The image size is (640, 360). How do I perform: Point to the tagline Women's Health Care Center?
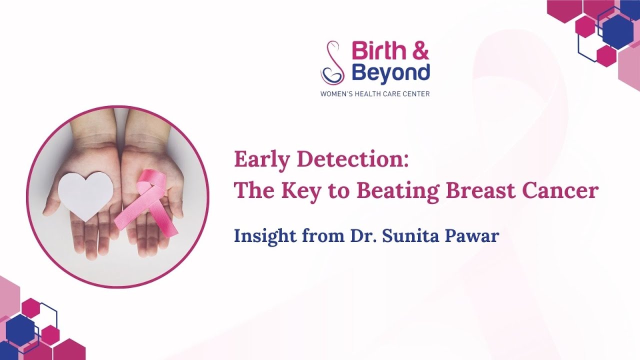pyautogui.click(x=375, y=93)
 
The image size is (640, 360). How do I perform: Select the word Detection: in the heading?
pyautogui.click(x=353, y=160)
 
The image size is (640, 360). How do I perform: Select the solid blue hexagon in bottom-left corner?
pyautogui.click(x=20, y=330)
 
